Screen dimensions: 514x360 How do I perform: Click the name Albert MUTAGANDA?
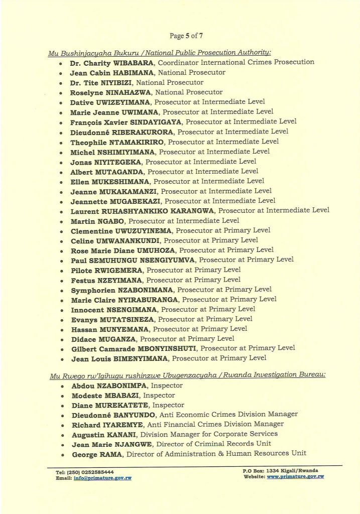click(x=105, y=171)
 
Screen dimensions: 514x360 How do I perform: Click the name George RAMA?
click(x=95, y=454)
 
